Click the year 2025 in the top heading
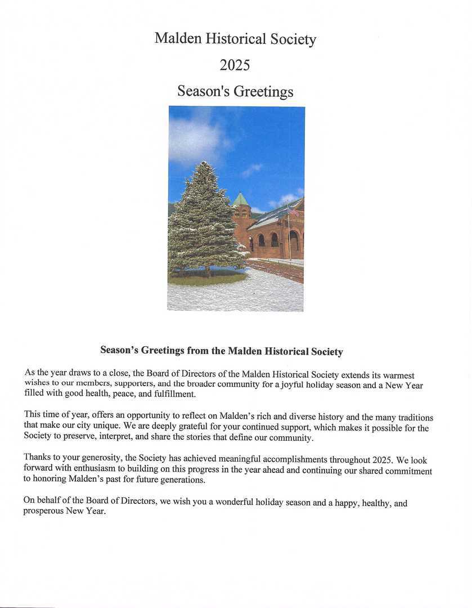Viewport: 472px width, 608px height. pos(235,65)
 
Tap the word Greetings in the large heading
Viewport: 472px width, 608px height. pos(263,91)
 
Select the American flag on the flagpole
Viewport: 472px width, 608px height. pos(293,211)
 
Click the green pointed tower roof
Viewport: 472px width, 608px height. pos(240,199)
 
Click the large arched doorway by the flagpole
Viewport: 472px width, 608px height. pos(294,241)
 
